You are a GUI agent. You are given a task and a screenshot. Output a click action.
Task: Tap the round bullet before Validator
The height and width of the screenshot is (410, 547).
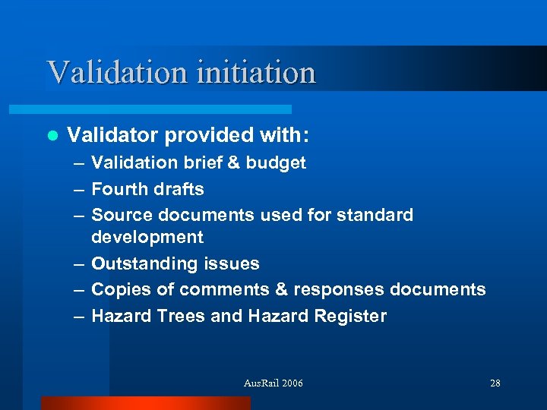52,136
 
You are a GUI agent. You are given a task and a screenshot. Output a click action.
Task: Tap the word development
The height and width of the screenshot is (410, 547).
147,238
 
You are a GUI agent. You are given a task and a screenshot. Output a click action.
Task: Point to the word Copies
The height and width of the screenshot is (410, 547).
119,290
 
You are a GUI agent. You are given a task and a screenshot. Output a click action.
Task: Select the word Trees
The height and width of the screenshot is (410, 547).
179,316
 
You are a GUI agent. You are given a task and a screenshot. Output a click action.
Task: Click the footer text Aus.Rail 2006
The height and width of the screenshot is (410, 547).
273,383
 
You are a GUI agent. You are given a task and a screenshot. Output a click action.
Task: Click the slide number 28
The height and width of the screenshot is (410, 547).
495,383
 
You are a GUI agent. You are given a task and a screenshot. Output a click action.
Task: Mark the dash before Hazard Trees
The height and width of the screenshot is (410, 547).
79,317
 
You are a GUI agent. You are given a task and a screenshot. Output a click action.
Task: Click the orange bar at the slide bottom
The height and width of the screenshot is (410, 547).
144,403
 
